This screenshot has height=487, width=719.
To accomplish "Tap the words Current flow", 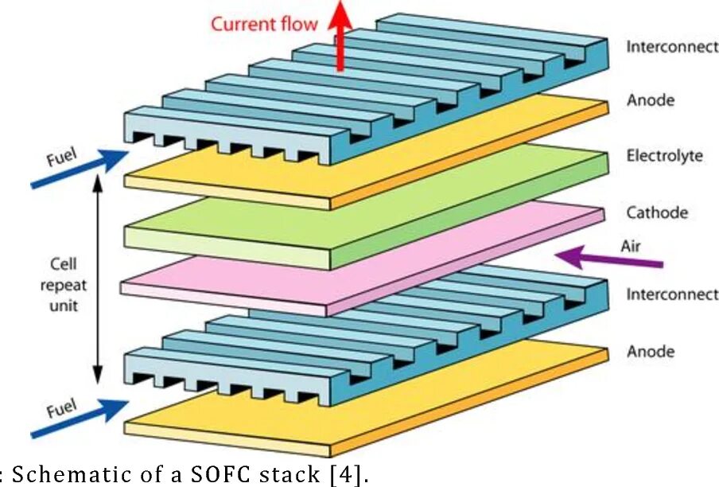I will click(263, 24).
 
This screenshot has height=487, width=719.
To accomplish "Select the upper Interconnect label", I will click(671, 46).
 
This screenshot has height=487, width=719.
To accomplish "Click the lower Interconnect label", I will click(671, 294).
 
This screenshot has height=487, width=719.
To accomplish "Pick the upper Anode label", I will click(650, 100).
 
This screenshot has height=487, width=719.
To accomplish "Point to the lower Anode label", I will click(650, 351).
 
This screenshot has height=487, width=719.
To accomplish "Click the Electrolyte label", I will click(664, 155).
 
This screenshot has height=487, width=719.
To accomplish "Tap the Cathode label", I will click(656, 212).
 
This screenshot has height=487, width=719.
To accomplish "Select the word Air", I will click(630, 246).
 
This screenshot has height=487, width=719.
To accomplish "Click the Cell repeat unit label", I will click(66, 284).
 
